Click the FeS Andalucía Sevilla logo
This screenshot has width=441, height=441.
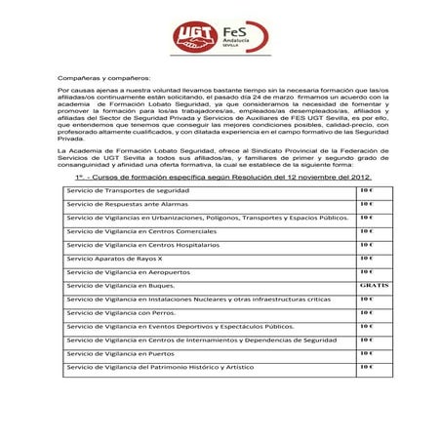point(238,36)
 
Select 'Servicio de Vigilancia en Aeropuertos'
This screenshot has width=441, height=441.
point(128,271)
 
